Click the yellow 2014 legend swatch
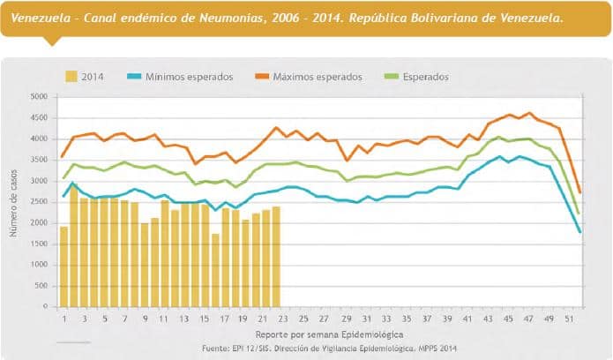pos(71,77)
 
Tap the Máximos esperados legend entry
pos(316,77)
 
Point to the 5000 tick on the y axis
pos(39,96)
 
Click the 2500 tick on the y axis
pos(39,201)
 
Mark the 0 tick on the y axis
pos(46,306)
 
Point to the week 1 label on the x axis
pos(64,318)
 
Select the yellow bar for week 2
pos(74,247)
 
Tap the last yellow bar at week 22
pos(276,257)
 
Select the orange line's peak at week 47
pos(529,114)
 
